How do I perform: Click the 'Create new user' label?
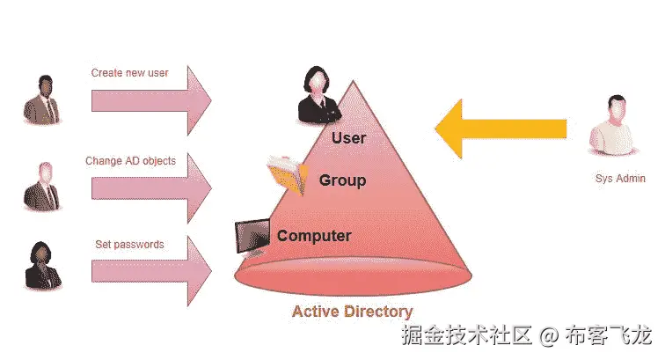coord(129,72)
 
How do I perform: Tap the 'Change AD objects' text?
coord(130,161)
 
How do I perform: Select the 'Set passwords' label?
coord(129,244)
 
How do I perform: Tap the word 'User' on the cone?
coord(348,137)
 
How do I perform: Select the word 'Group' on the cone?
coord(342,180)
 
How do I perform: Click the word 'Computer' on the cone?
coord(314,236)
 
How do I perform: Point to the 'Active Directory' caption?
coord(352,311)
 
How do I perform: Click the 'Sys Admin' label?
coord(620,179)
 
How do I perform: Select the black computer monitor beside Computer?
coord(252,235)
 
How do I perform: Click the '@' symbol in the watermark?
coord(549,335)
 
